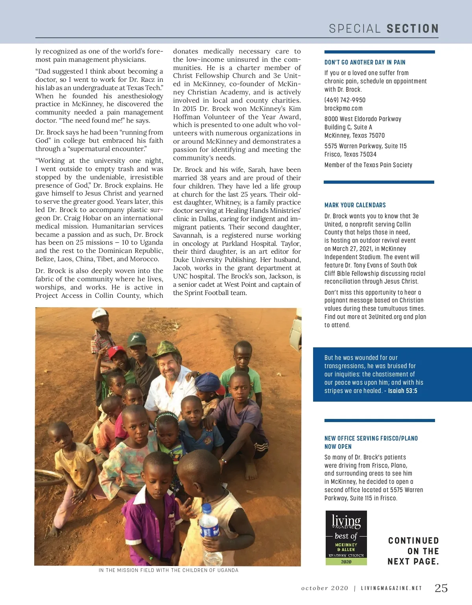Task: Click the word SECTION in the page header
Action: pos(413,29)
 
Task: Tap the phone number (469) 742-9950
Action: pos(345,100)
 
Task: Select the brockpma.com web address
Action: pos(343,109)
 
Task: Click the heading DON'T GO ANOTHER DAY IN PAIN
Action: pos(365,62)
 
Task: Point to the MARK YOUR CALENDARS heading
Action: pos(355,205)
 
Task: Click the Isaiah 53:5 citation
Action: pos(402,391)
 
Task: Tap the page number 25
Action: pos(441,588)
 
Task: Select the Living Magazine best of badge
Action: pos(346,538)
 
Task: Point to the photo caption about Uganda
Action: pos(168,570)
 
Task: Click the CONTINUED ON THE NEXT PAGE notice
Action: pos(413,551)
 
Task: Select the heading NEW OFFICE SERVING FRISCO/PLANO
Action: pos(371,438)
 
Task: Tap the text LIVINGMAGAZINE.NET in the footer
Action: pos(391,588)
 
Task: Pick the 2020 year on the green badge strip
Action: pos(346,562)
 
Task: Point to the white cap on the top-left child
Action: pos(100,314)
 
